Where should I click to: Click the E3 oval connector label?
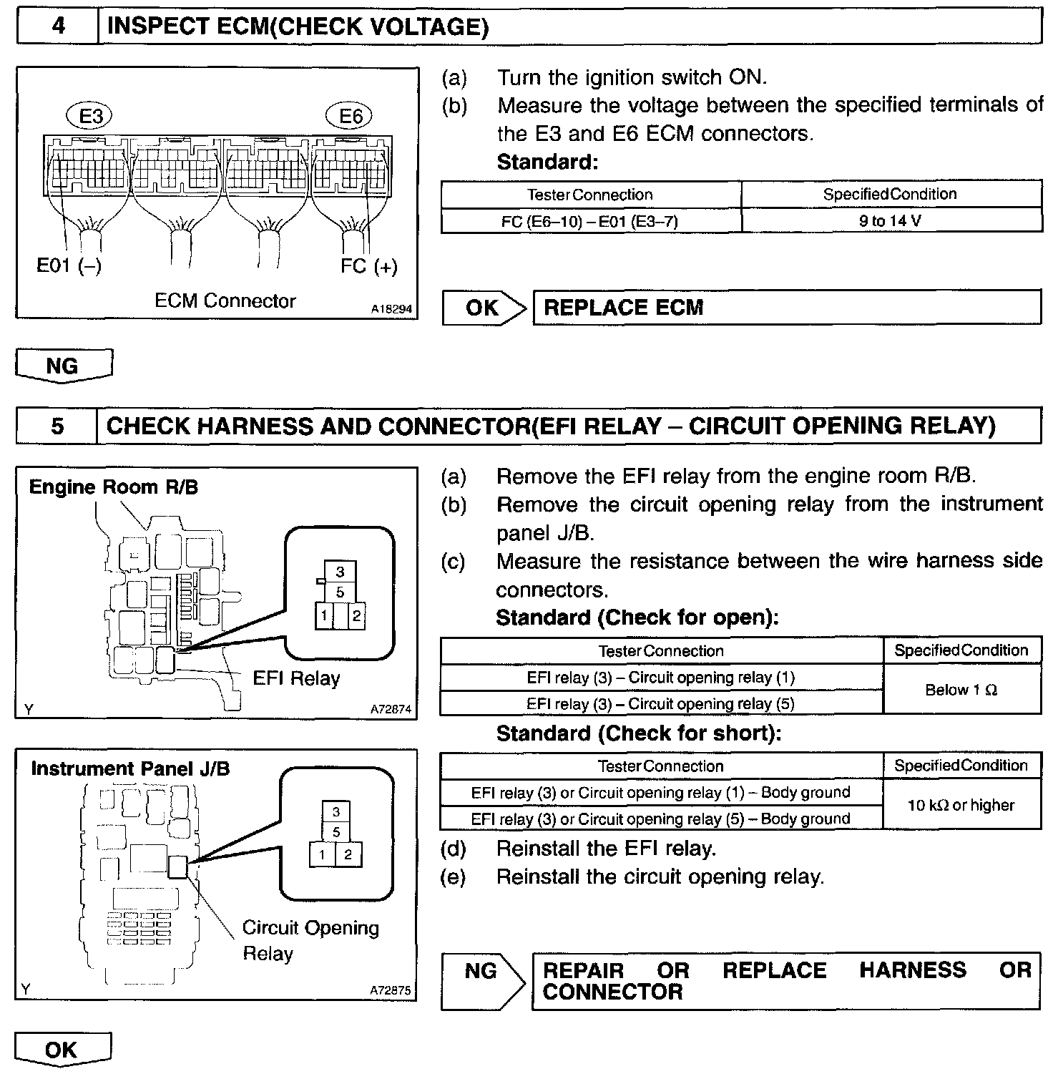pos(90,116)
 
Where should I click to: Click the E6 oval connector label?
pos(349,116)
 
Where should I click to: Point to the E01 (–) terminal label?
pos(69,266)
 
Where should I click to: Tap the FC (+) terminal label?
pos(368,266)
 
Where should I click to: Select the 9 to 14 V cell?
pos(891,220)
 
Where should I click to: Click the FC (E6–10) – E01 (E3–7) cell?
pos(589,221)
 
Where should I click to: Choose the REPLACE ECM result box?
pos(786,308)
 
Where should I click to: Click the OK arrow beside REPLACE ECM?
pos(482,308)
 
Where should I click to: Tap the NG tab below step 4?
pos(63,366)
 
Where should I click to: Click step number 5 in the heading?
pos(57,426)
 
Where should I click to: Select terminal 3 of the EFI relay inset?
pos(340,572)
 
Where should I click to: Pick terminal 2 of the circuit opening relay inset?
pos(348,854)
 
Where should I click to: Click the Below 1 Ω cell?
pos(961,690)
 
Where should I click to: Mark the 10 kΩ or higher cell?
pos(961,805)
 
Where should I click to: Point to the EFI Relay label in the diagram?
pos(296,678)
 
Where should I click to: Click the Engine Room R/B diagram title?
pos(114,487)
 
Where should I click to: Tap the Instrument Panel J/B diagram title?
pos(130,769)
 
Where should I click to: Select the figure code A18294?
pos(391,310)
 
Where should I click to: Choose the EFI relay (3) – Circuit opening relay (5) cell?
pos(660,703)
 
